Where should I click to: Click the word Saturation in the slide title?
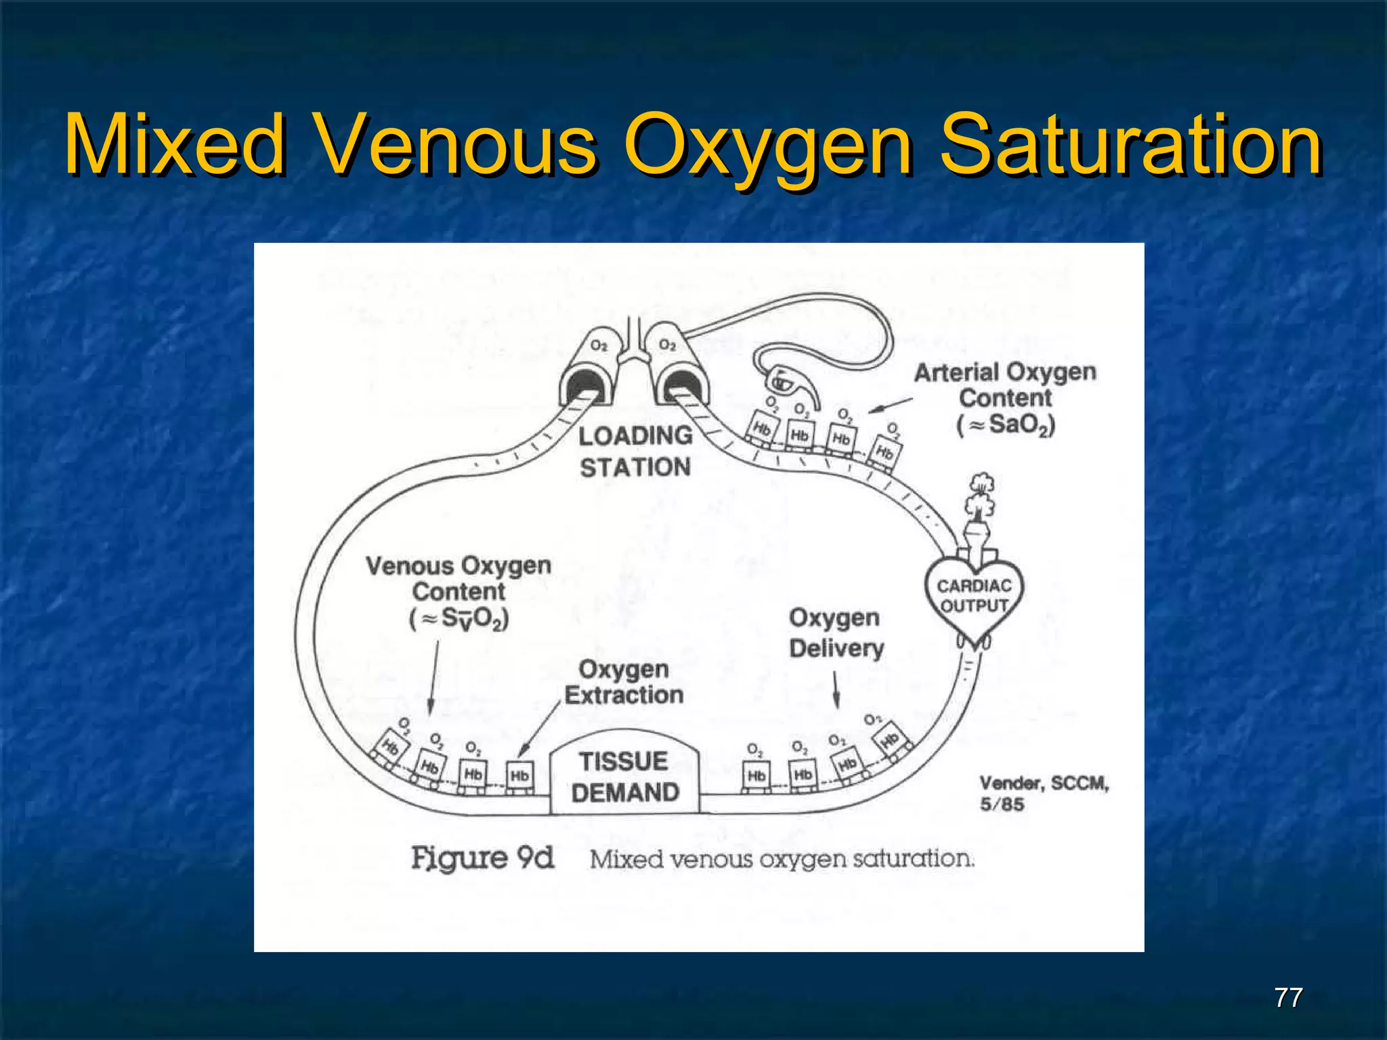point(1131,145)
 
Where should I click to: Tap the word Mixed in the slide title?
point(175,145)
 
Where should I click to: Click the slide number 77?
point(1288,997)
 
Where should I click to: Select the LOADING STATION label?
point(635,452)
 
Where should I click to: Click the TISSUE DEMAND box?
point(624,776)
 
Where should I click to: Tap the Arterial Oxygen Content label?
point(1005,398)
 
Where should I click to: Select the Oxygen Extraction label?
point(624,682)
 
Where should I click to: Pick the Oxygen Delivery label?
point(836,633)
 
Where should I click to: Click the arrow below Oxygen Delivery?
point(836,691)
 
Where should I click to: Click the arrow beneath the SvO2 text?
point(433,677)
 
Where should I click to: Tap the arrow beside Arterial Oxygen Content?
point(890,404)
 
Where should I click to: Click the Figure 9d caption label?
point(482,859)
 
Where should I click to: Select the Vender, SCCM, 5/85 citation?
point(1043,794)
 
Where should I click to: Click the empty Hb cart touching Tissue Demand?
point(520,777)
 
